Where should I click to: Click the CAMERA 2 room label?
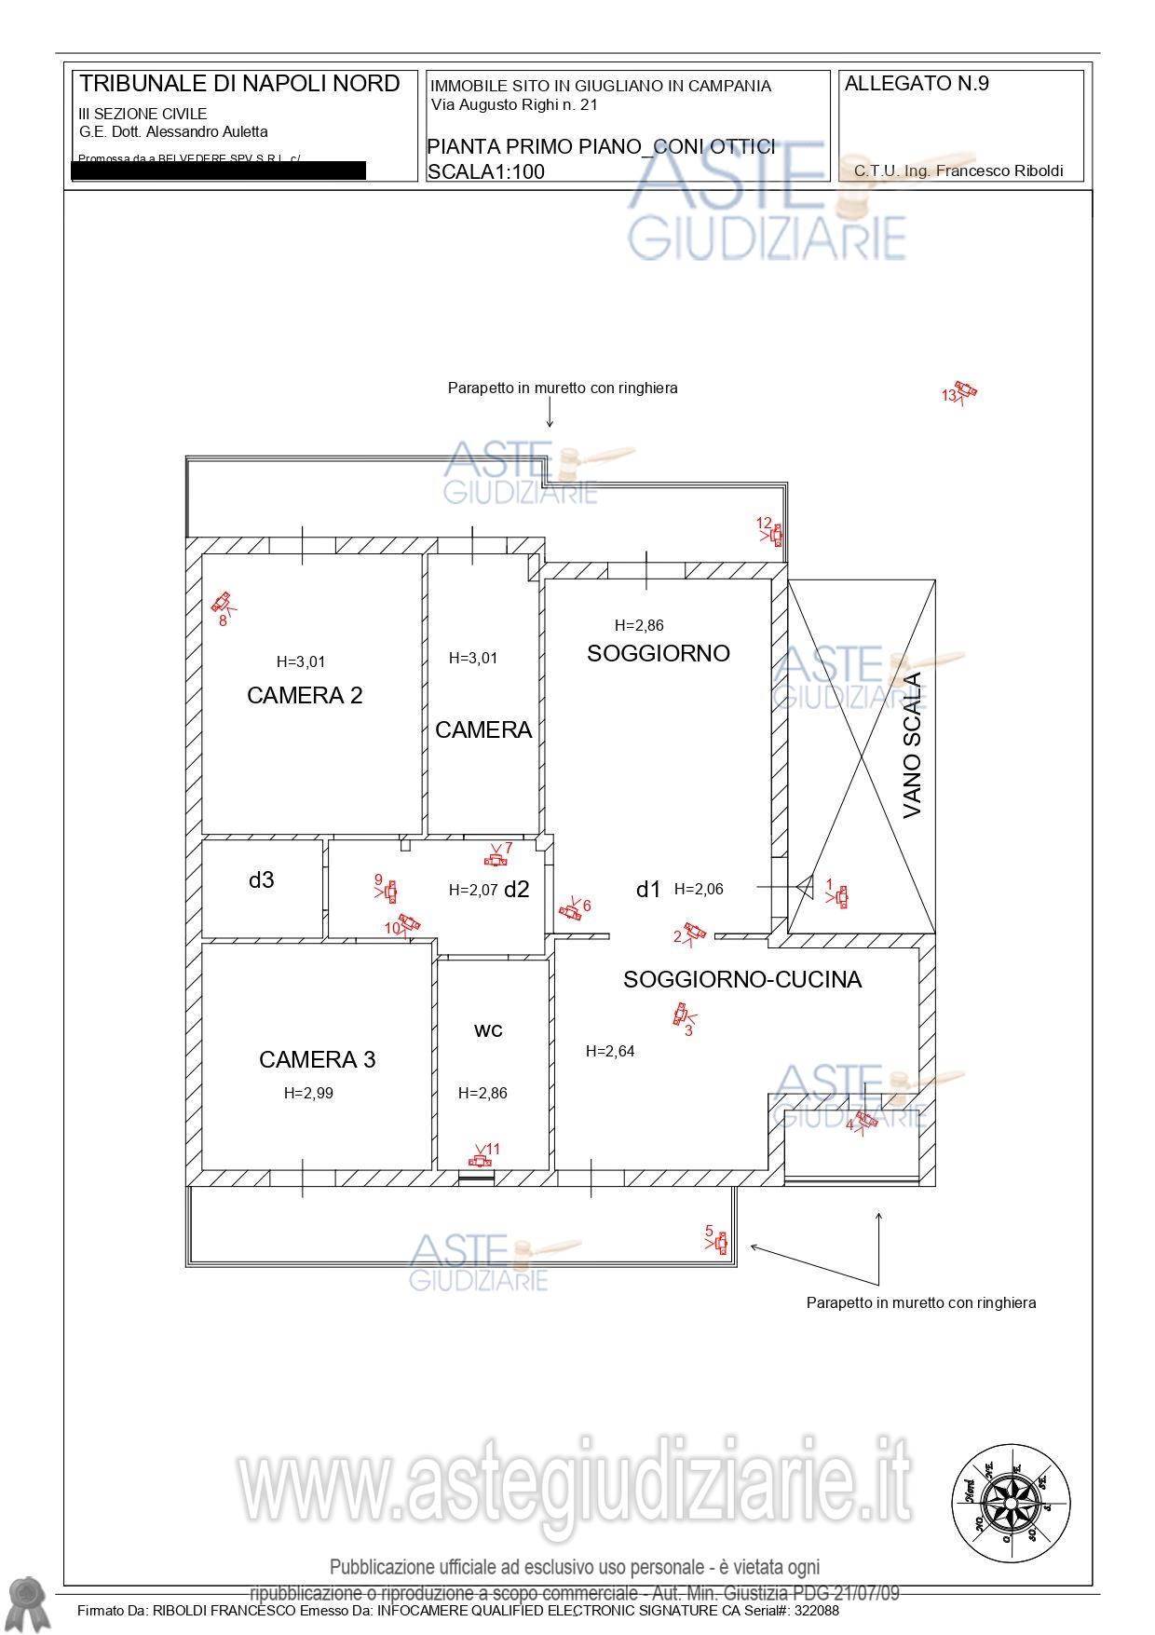(305, 695)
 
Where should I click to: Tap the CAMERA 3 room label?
(317, 1059)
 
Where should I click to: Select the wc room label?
(488, 1029)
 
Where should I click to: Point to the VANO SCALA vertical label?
(912, 745)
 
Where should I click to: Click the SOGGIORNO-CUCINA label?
(742, 979)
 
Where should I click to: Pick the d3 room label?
(261, 879)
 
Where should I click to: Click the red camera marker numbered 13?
(965, 391)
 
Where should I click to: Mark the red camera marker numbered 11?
(481, 1160)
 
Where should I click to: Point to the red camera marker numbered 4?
(865, 1120)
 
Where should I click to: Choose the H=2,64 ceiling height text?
(610, 1051)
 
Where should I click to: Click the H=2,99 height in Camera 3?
(308, 1093)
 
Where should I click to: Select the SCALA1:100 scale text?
(486, 171)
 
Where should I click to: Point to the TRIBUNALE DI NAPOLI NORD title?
(239, 83)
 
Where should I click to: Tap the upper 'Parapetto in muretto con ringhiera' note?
(563, 388)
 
